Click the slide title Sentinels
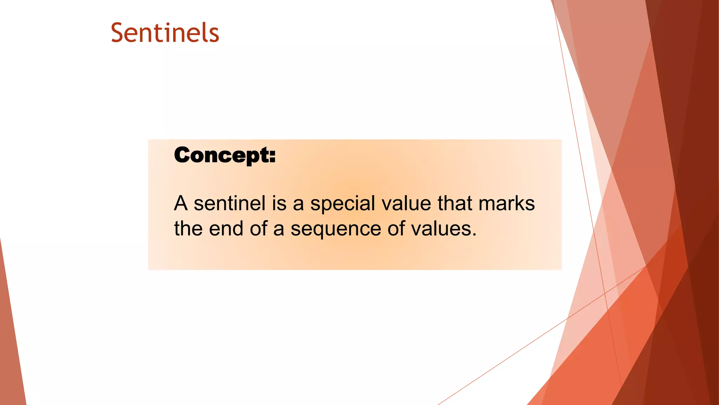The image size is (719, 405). (165, 33)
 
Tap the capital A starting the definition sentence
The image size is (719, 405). (181, 203)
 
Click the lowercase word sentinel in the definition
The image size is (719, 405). (230, 203)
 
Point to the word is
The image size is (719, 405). (279, 203)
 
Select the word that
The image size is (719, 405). (454, 203)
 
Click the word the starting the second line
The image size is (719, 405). (188, 229)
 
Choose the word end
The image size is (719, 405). (226, 229)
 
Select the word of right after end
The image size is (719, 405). (258, 229)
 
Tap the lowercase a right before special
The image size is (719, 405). (298, 204)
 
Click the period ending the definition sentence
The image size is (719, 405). (474, 234)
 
